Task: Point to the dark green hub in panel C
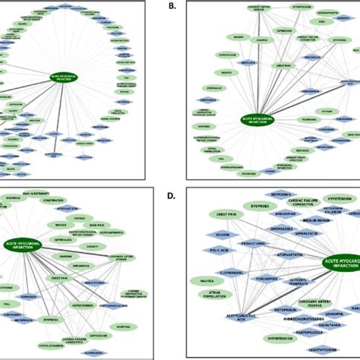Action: coord(22,245)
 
